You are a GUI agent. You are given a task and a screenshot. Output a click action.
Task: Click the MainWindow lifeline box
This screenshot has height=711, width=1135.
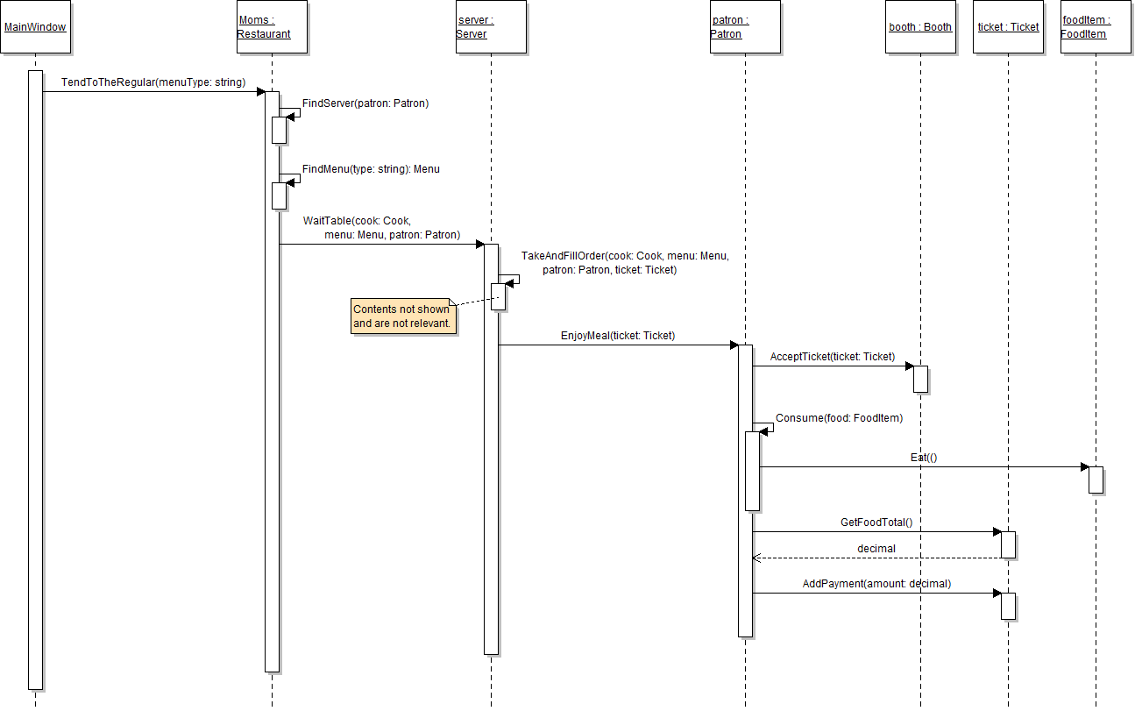click(35, 27)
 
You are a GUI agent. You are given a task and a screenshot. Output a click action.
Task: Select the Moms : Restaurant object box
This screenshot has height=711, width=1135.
click(272, 27)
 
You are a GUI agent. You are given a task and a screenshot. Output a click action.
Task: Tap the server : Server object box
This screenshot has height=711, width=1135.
click(491, 27)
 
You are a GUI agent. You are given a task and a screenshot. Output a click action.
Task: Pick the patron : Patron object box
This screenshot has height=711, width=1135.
click(745, 27)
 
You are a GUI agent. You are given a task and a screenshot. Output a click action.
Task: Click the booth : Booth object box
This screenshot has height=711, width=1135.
click(920, 27)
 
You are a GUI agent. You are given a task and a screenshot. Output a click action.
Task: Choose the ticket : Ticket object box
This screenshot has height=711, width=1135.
click(1008, 27)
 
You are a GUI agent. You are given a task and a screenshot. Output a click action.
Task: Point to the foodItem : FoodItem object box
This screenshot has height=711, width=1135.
click(1096, 27)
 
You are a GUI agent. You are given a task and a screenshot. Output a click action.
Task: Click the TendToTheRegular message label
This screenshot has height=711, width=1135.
click(153, 82)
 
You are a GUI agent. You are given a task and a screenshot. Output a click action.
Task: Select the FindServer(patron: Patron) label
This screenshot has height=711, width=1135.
click(365, 103)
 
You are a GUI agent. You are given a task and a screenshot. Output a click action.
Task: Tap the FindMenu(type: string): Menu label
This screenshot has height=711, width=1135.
click(371, 169)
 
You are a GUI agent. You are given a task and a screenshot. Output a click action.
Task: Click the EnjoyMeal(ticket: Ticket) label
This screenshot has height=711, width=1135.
click(618, 336)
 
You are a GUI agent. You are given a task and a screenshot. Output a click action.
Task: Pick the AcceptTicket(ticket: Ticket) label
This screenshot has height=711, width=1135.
click(833, 357)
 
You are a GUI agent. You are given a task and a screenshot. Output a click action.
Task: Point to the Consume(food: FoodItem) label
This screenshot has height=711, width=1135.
click(839, 418)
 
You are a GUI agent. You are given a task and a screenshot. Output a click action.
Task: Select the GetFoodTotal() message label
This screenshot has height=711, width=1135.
click(876, 523)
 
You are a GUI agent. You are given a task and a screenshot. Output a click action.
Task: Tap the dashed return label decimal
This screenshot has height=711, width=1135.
click(876, 549)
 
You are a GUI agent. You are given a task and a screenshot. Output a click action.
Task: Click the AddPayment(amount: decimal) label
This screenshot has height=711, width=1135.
click(876, 584)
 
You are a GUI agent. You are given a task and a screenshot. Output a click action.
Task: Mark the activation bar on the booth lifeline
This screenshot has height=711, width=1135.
click(920, 379)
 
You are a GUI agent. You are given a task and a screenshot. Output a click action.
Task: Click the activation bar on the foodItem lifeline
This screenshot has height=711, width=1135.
click(1096, 480)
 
